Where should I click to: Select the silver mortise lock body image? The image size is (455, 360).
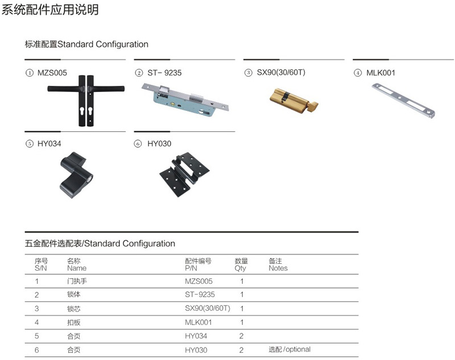pos(186,100)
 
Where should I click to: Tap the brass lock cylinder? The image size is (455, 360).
pos(293,101)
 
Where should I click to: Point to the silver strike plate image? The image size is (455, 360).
pos(403,101)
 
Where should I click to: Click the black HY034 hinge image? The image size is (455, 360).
pos(77,175)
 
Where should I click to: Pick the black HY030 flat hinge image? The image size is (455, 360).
pos(184,175)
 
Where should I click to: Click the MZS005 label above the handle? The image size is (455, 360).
pos(52,73)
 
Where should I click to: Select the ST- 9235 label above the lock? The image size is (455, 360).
pos(164,73)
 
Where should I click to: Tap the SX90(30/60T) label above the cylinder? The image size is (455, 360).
pos(281,73)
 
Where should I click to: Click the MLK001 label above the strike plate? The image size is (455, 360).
pos(380,73)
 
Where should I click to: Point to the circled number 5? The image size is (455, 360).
pos(30,144)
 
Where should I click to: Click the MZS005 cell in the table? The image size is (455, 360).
pos(198,281)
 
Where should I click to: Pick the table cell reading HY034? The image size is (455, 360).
pos(196,336)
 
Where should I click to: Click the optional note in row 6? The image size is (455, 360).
pos(289,350)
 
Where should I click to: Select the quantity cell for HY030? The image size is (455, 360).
pos(241,350)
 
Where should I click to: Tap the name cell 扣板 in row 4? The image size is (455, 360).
pos(74,322)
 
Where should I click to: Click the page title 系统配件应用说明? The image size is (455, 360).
pos(50,9)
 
